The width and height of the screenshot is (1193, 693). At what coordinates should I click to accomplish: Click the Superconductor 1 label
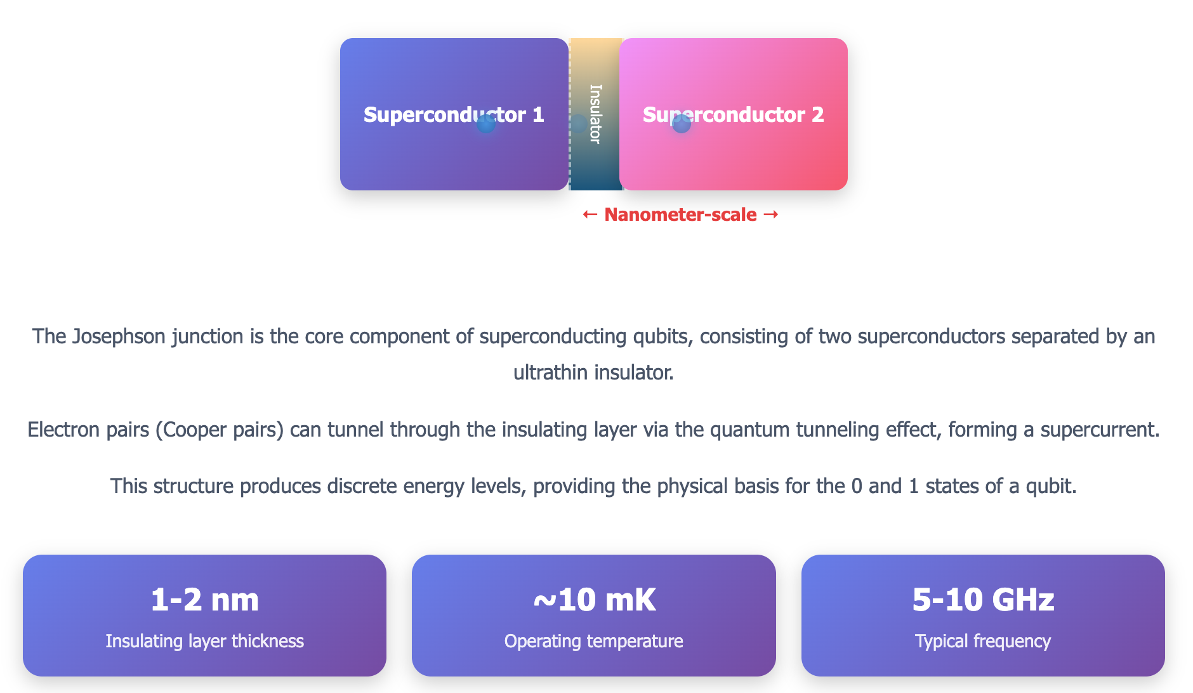[x=454, y=115]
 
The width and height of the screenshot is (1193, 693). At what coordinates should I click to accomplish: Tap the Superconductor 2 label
[x=733, y=115]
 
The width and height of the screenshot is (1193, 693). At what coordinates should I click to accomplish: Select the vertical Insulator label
[x=595, y=114]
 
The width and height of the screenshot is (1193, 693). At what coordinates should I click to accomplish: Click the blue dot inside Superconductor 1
[x=486, y=124]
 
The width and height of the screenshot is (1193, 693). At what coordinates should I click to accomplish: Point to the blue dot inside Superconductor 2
[x=682, y=124]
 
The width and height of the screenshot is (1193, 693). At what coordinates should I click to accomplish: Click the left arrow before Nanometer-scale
[x=590, y=214]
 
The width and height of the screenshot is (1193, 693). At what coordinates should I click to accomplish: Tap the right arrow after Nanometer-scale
[x=771, y=214]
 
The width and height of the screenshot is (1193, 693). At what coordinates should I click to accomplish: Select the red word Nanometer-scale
[x=680, y=214]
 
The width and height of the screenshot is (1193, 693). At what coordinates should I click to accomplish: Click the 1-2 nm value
[x=204, y=600]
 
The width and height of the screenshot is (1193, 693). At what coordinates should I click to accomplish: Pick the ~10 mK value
[x=594, y=600]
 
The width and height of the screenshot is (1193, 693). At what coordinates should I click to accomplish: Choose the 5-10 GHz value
[x=983, y=600]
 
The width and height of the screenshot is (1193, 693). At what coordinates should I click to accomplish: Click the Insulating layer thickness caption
[x=204, y=641]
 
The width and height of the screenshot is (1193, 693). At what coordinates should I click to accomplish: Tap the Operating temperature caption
[x=594, y=641]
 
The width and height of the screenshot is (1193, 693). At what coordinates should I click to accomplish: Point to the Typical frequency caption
[x=983, y=641]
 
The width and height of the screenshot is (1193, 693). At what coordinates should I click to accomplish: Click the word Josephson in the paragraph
[x=119, y=336]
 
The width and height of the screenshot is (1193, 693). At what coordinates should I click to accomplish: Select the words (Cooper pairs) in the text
[x=219, y=430]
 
